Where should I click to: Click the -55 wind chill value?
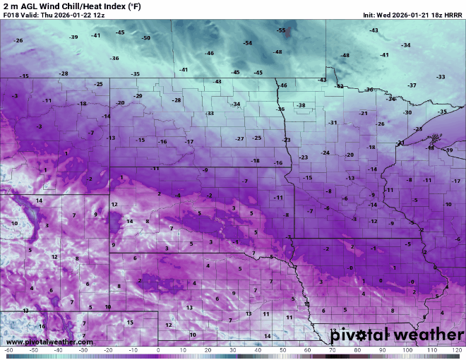281,30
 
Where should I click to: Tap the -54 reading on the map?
247,43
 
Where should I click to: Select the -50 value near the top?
145,37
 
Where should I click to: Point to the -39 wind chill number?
73,37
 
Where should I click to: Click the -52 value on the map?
339,86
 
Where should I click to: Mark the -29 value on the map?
138,96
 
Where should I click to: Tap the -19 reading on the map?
449,150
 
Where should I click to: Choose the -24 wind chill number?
325,152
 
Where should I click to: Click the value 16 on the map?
42,326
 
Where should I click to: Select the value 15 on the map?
130,322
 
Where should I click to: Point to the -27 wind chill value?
240,138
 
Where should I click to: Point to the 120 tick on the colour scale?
456,350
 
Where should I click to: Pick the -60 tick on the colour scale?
8,350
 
